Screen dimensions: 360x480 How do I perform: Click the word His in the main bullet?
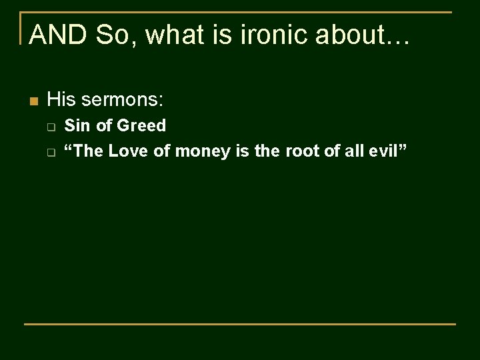coord(63,101)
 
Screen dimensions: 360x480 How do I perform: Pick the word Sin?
coord(77,125)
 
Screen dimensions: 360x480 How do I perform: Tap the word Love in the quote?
coord(129,151)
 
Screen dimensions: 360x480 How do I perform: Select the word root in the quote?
coord(301,151)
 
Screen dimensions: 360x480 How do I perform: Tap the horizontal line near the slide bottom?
coord(240,324)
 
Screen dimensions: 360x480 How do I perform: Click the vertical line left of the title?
coord(21,28)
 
